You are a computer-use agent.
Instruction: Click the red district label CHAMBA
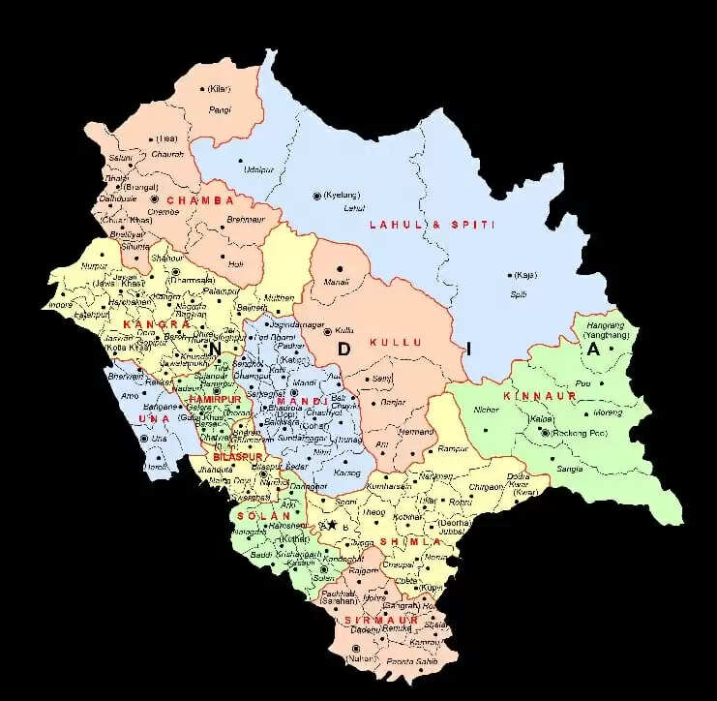(200, 200)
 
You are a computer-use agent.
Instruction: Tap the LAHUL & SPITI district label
(432, 225)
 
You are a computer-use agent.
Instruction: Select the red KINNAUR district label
(539, 396)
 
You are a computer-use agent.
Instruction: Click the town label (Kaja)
(525, 275)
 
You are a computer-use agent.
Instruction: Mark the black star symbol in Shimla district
(331, 524)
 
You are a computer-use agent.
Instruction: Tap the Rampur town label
(451, 447)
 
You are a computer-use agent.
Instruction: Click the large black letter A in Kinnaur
(595, 350)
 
